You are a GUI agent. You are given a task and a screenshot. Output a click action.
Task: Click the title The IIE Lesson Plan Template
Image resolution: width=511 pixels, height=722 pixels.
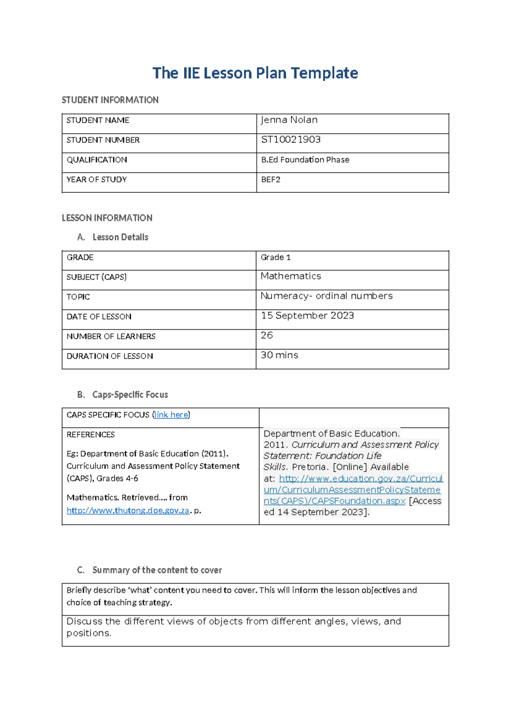click(255, 73)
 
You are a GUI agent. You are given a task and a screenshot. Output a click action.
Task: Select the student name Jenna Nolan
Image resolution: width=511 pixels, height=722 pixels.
click(289, 120)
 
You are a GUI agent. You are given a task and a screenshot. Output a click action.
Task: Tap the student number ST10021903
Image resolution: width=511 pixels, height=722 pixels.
click(291, 140)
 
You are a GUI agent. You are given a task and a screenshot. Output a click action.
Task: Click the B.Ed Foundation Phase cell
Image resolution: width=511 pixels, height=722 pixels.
click(305, 160)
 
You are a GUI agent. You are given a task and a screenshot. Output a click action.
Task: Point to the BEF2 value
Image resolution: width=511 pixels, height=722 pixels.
click(271, 180)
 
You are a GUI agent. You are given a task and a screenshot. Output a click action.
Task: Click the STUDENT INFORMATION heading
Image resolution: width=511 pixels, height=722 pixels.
click(110, 100)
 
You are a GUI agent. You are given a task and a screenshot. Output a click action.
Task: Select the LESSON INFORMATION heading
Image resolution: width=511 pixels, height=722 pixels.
click(107, 218)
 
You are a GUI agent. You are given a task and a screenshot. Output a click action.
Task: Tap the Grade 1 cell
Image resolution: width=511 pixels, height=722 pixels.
click(276, 257)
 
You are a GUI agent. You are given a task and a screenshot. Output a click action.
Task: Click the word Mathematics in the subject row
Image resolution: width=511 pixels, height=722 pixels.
click(291, 276)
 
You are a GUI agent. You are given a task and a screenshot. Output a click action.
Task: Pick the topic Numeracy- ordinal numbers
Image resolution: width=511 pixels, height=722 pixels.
click(327, 296)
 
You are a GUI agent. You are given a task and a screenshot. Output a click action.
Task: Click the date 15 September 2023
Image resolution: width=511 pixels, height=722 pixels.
click(307, 315)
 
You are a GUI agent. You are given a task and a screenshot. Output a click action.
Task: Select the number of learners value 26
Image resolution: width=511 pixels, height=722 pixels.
click(267, 335)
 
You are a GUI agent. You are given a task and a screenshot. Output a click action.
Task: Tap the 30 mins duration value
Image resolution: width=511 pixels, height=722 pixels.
click(279, 355)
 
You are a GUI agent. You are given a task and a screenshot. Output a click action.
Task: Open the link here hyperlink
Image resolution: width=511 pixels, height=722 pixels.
click(171, 415)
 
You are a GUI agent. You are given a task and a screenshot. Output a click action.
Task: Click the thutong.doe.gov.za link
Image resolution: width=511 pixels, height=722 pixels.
click(128, 510)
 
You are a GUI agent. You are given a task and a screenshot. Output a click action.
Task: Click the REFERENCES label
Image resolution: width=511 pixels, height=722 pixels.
click(91, 435)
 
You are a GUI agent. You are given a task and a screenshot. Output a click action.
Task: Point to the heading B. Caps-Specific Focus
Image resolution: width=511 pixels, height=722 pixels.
click(123, 395)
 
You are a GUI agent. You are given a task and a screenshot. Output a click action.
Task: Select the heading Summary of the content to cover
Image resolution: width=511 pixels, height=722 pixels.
click(157, 570)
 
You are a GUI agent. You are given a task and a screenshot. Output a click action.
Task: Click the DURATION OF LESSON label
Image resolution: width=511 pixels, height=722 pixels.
click(110, 356)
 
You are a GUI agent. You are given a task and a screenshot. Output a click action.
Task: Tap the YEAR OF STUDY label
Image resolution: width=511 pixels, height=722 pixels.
click(97, 180)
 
